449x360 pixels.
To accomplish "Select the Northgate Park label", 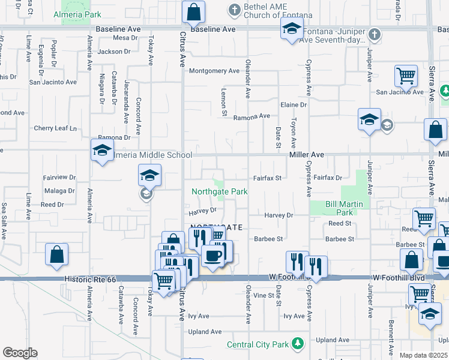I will click(x=220, y=192).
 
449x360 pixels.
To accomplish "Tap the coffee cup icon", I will click(x=214, y=256).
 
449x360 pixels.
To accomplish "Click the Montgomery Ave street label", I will click(x=214, y=71).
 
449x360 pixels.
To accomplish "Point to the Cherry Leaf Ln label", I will click(x=56, y=128).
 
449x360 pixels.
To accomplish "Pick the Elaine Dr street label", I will click(x=294, y=104).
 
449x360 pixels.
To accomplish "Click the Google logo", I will click(x=19, y=353).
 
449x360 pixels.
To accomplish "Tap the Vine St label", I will click(x=263, y=296).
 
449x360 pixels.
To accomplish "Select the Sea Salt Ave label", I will click(x=4, y=220).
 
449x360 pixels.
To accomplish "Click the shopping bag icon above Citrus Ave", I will click(x=194, y=11).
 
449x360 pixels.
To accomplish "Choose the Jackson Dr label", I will click(x=114, y=52).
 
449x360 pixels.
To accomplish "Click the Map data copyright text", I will click(x=424, y=355).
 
